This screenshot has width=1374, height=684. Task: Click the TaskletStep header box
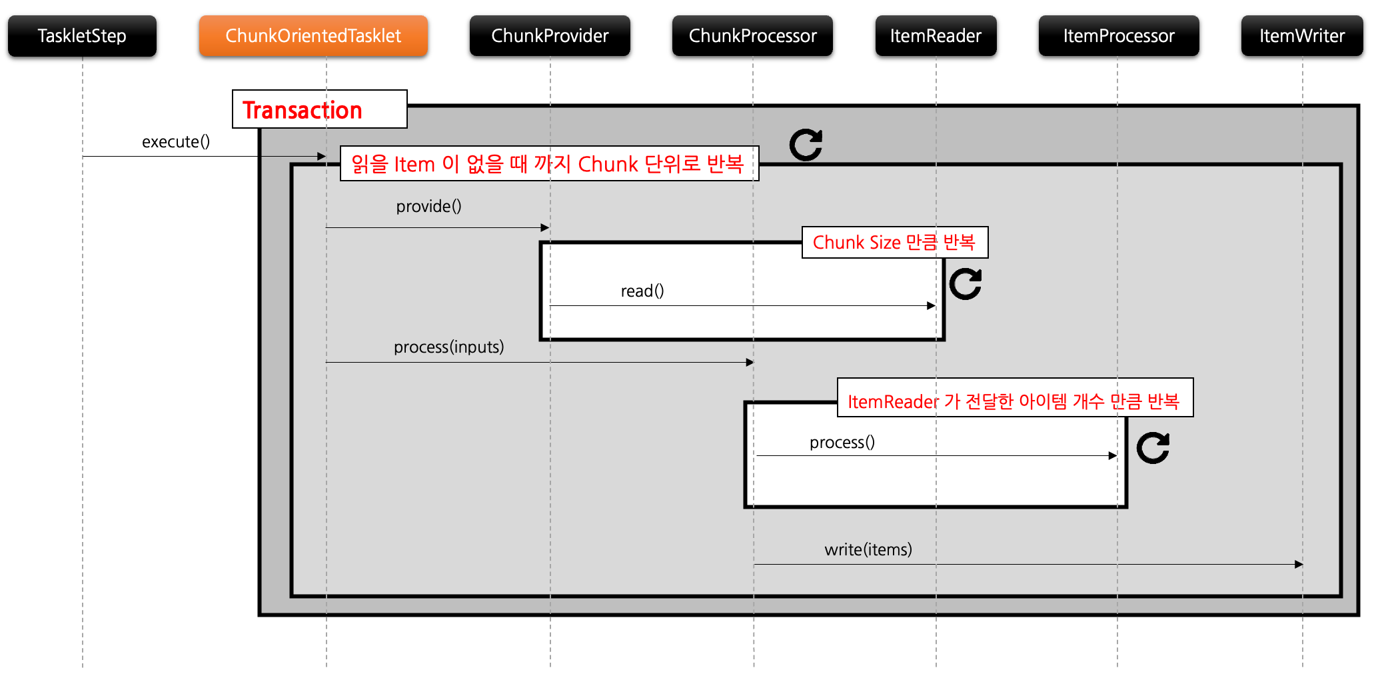tap(82, 36)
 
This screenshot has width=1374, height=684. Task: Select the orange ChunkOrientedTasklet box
tap(313, 36)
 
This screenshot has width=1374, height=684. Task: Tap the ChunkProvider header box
tap(550, 36)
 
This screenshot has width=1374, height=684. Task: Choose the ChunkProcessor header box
tap(752, 36)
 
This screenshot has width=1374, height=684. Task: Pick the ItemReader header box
tap(936, 36)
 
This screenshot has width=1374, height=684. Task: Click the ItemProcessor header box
tap(1118, 36)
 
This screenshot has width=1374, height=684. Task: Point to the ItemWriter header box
tap(1301, 36)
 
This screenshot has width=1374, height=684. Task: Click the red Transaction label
tap(303, 110)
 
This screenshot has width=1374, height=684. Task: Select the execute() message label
tap(176, 142)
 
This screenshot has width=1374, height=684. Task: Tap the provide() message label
tap(428, 207)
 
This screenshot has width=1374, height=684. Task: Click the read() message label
tap(642, 291)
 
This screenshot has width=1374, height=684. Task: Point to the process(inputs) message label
tap(448, 347)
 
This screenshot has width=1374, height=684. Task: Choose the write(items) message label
tap(868, 550)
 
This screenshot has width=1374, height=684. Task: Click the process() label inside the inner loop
tap(842, 443)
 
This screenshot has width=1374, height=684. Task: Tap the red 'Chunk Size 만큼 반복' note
tap(894, 243)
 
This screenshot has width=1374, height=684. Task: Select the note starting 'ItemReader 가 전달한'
tap(1014, 401)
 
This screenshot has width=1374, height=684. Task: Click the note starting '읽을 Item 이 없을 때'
tap(548, 164)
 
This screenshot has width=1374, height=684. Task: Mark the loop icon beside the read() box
tap(966, 284)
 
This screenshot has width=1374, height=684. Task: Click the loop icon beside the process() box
tap(1153, 447)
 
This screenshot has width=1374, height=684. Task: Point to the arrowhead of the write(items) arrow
tap(1299, 565)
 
